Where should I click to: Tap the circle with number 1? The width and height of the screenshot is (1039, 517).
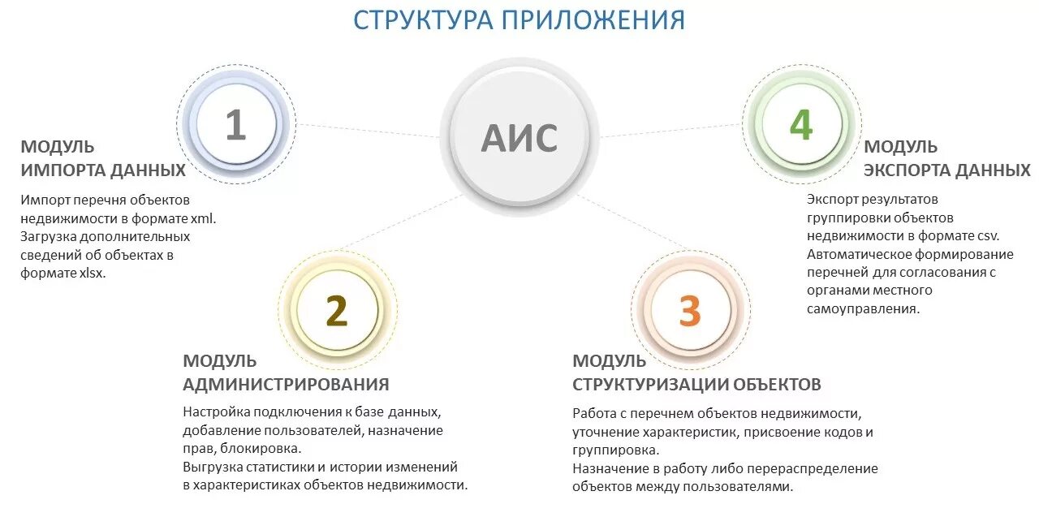pos(235,125)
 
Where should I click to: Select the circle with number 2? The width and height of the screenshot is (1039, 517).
pos(336,310)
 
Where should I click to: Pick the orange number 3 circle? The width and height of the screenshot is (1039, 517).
pos(689,311)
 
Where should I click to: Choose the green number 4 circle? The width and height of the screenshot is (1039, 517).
pos(800,125)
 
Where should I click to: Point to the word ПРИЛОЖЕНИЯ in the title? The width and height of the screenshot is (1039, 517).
pos(593,19)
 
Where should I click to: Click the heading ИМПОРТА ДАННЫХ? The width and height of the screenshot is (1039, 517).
pos(103,170)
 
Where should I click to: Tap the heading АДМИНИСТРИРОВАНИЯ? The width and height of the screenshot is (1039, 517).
pos(286,384)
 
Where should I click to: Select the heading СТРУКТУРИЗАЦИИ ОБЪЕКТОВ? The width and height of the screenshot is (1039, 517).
pos(696,384)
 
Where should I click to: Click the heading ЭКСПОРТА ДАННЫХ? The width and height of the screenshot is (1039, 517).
pos(946,170)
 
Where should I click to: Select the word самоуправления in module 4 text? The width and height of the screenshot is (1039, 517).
pos(862,308)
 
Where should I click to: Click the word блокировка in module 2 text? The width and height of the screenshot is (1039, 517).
pos(260,448)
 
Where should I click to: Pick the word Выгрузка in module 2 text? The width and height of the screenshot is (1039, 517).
pos(211,467)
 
